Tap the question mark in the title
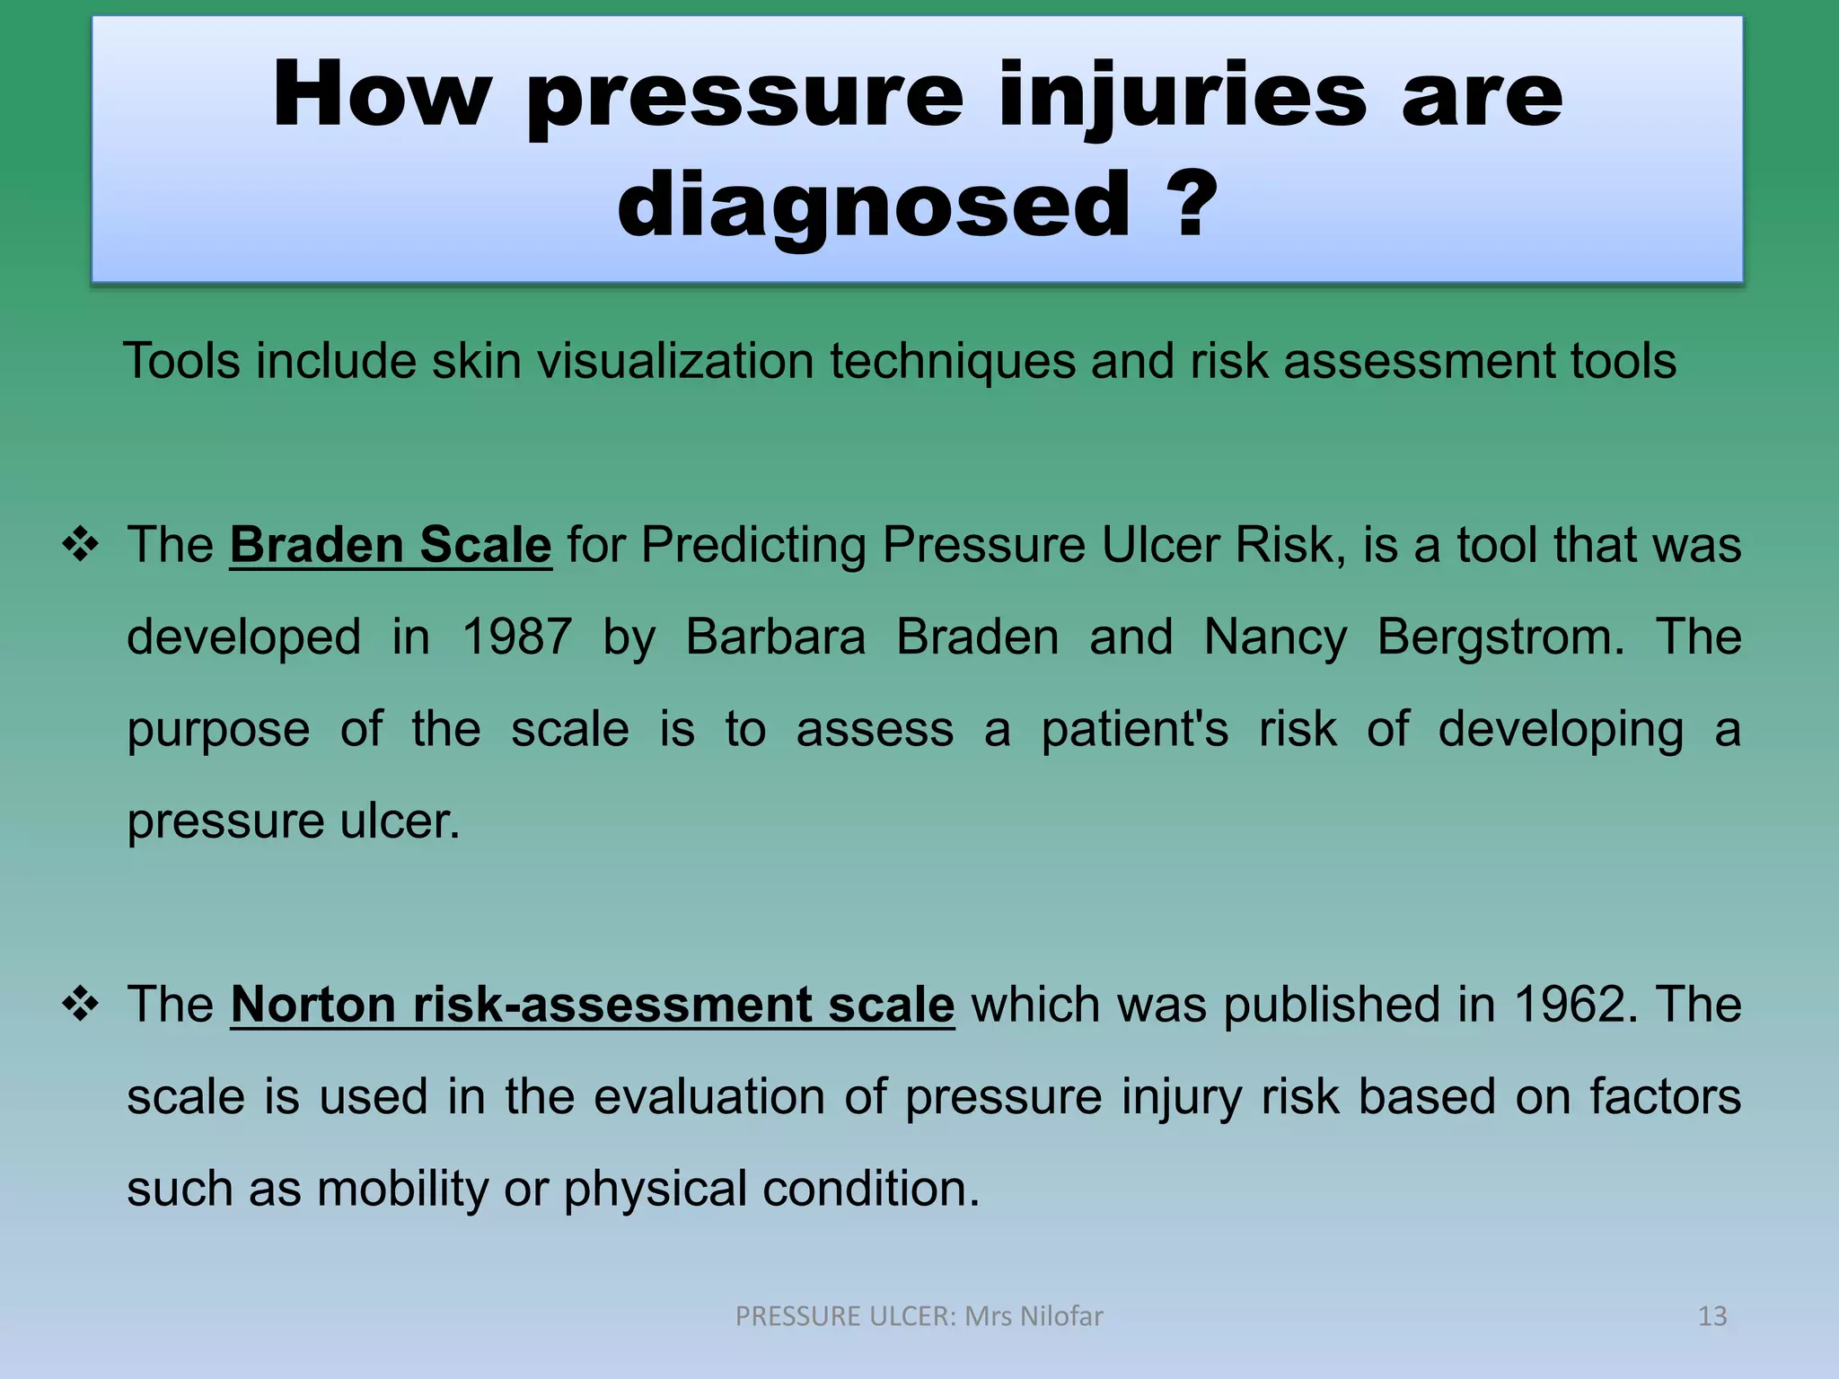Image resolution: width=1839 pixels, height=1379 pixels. point(1195,205)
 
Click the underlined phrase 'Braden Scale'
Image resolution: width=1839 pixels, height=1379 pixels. point(391,545)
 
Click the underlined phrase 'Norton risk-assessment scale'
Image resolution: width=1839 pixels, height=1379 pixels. point(593,1005)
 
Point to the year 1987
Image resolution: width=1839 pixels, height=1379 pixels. point(516,637)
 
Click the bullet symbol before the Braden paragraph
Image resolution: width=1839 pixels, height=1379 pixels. point(81,545)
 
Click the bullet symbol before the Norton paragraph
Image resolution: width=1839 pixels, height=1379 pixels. point(81,1005)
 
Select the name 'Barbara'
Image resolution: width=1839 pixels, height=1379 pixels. point(775,637)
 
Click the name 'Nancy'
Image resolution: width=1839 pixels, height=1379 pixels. point(1275,637)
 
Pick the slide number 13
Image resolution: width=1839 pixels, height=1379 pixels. point(1712,1316)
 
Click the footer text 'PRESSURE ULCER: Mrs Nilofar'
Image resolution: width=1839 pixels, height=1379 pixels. point(919,1316)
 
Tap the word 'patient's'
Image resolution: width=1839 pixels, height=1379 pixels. point(1134,729)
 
